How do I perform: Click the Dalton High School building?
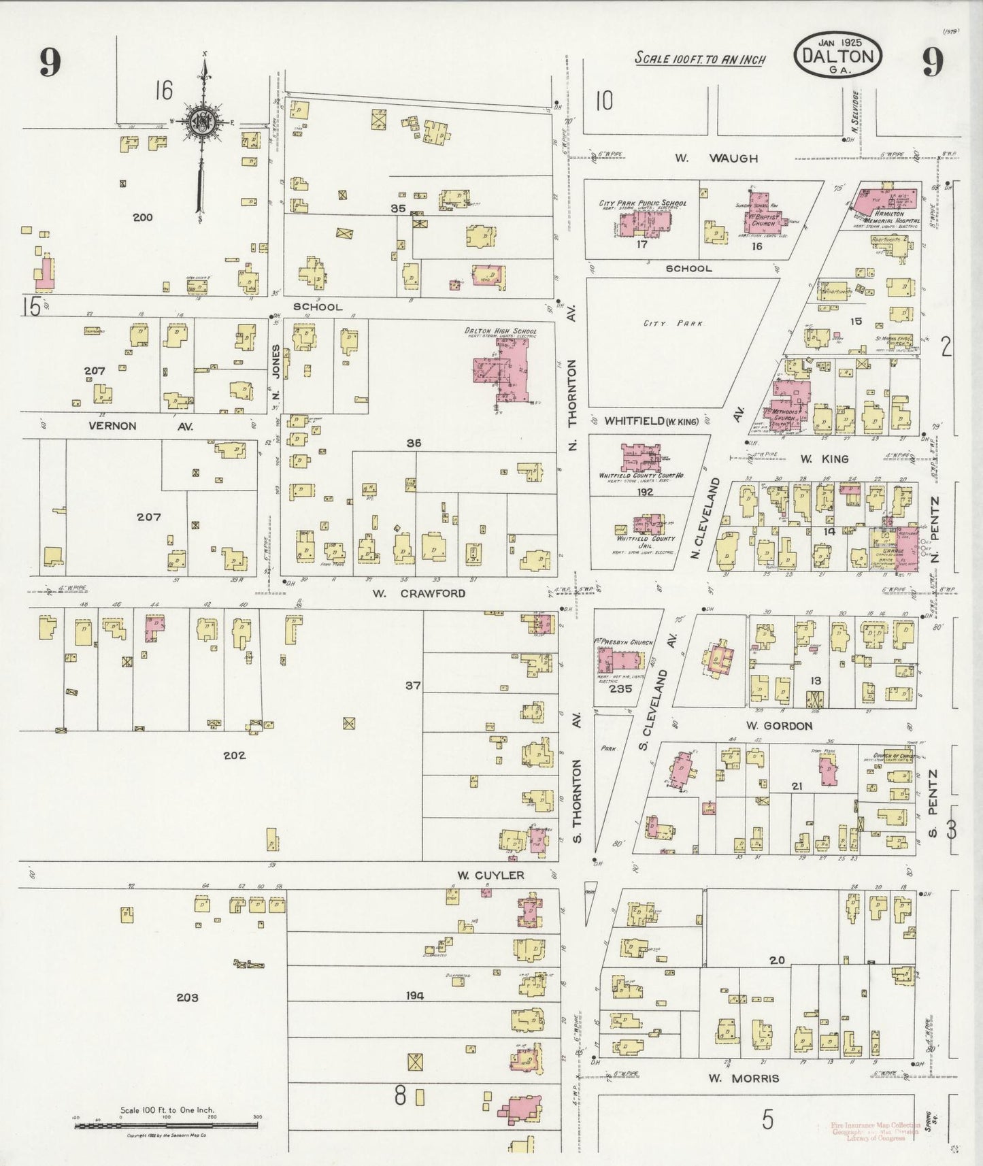[x=503, y=369]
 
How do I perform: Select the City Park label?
[x=663, y=324]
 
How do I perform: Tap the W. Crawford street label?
[x=418, y=593]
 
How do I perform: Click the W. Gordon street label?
[x=779, y=726]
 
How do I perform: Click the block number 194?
[x=414, y=995]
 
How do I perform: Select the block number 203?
[x=187, y=997]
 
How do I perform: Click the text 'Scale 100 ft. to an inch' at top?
[x=700, y=59]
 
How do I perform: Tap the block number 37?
[x=413, y=685]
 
